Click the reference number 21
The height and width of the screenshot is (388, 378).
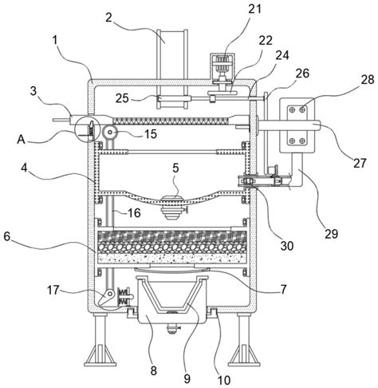pos(254,9)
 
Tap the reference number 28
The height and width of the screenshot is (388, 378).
pos(367,79)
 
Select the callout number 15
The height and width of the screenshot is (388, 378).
pos(150,134)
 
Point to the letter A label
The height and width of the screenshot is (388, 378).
pos(22,139)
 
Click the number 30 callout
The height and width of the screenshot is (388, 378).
pos(286,246)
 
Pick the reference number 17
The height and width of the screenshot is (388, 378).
pos(53,290)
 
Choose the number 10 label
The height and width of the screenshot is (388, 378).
pos(223,380)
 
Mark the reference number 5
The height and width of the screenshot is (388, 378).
pos(175,168)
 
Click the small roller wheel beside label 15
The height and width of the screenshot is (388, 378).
pos(109,132)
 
